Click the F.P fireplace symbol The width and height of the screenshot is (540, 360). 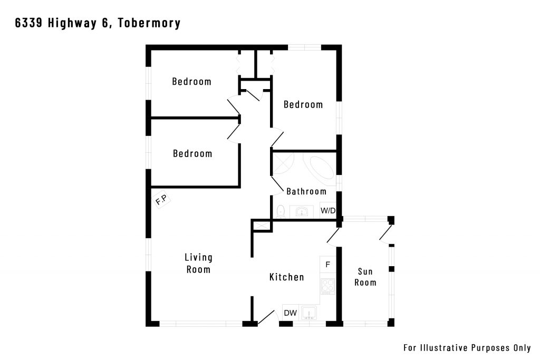click(x=161, y=200)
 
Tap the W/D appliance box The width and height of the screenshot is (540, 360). click(x=328, y=210)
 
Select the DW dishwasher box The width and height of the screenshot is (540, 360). click(x=291, y=313)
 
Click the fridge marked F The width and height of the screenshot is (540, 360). click(x=328, y=264)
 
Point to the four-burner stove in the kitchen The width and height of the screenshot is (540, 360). click(x=328, y=286)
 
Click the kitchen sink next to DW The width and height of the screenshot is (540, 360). click(x=309, y=313)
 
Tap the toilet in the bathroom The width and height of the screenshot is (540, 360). click(x=281, y=211)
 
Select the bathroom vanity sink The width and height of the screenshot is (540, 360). click(x=302, y=212)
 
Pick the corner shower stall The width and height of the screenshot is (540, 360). click(x=283, y=164)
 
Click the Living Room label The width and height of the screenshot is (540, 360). click(x=198, y=264)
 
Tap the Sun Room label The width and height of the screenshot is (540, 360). click(x=365, y=277)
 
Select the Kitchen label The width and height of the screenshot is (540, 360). click(x=286, y=277)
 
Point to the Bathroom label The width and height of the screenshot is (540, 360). click(x=306, y=191)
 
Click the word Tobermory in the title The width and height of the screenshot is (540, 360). click(x=149, y=23)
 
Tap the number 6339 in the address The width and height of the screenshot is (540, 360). click(x=28, y=23)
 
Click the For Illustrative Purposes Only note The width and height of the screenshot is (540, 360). click(x=467, y=347)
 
